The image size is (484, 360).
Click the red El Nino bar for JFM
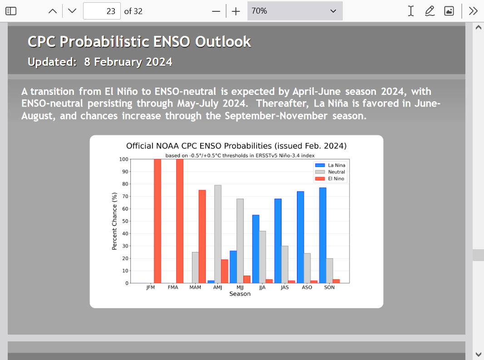click(x=158, y=221)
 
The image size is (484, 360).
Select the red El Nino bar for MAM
click(x=202, y=237)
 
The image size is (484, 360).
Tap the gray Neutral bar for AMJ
click(x=217, y=234)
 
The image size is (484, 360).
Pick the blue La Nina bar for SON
click(x=322, y=235)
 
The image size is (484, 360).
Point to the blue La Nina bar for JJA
click(x=256, y=249)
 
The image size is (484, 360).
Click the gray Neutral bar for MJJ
click(x=240, y=241)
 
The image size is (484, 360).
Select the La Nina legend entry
click(x=330, y=165)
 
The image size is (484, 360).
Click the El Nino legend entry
click(x=330, y=179)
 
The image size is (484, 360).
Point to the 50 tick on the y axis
click(x=125, y=222)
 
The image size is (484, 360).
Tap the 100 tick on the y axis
click(x=124, y=159)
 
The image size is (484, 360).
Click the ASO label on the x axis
click(x=307, y=287)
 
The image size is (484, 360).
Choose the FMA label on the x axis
click(x=173, y=287)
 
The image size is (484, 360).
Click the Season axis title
click(x=240, y=294)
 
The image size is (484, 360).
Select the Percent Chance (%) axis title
click(x=114, y=221)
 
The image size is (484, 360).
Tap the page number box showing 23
click(x=102, y=11)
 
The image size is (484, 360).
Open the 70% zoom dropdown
click(x=295, y=11)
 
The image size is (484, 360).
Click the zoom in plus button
click(x=236, y=11)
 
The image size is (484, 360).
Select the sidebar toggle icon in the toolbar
click(x=11, y=11)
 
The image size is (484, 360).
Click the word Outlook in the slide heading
click(x=223, y=42)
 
